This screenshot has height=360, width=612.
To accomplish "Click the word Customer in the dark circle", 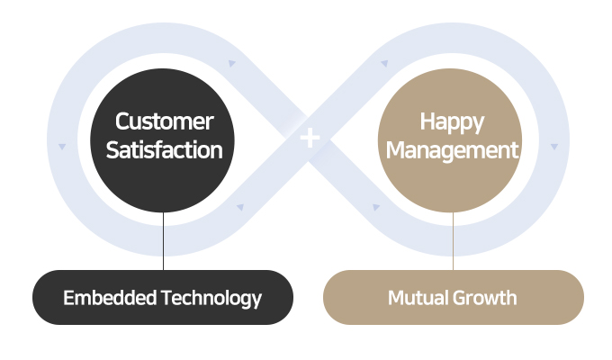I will point(164,121).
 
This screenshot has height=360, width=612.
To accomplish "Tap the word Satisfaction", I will point(164,149).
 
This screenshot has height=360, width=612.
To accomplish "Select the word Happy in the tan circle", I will point(452,121).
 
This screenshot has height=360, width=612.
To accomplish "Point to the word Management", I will point(452,149).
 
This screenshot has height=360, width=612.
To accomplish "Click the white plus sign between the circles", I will point(310,138).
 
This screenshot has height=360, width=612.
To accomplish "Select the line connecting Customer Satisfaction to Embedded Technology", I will point(163,238).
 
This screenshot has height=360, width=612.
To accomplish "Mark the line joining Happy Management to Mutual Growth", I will point(453,238).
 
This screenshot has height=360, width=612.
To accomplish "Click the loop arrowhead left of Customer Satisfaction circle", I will point(62,146).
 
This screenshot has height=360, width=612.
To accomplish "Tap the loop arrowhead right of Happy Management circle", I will point(555,146).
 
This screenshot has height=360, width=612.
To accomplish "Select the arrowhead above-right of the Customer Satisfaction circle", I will point(231,64).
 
